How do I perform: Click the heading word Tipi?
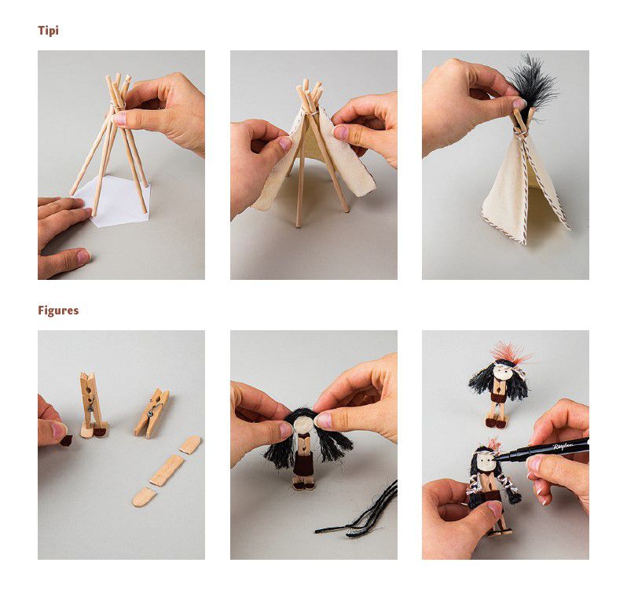click(x=49, y=31)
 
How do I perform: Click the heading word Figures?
click(x=58, y=311)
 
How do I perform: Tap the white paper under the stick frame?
click(x=116, y=202)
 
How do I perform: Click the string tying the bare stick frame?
click(x=118, y=105)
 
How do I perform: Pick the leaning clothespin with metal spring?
click(x=152, y=413)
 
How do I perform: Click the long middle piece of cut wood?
click(x=167, y=470)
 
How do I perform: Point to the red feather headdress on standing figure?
click(x=510, y=353)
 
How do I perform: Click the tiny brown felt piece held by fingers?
click(x=66, y=440)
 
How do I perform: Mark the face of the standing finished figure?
click(x=502, y=373)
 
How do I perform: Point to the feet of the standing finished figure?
click(x=496, y=421)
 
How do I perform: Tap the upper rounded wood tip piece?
click(x=189, y=444)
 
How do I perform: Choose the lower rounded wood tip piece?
click(x=145, y=498)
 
